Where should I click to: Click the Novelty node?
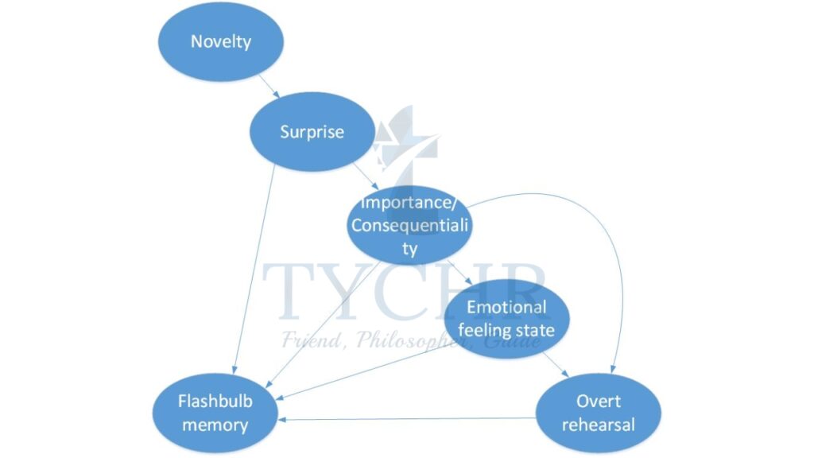220,41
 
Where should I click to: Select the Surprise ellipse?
312,131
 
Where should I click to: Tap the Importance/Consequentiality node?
410,225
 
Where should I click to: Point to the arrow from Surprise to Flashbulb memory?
253,270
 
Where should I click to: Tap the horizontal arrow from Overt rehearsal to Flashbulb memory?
405,419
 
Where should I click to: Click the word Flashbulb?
215,401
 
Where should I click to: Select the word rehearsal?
598,424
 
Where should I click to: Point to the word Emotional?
506,307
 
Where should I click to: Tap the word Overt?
599,401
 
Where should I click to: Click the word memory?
215,424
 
